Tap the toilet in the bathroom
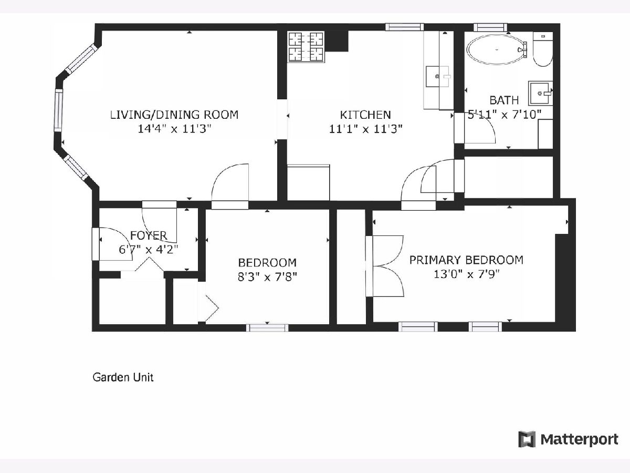pos(543,49)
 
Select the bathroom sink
pos(541,94)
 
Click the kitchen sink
pos(438,76)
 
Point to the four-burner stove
pos(306,47)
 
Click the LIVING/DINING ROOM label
pos(174,115)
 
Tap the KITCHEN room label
pos(365,115)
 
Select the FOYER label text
pos(149,235)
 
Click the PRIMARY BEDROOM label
pos(466,260)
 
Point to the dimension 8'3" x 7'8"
pos(267,277)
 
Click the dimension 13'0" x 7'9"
pos(466,274)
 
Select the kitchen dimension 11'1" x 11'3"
pos(365,129)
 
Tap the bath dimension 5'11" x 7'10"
pos(505,115)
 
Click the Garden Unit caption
pos(123,377)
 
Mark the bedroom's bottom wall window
pos(267,327)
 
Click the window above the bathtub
pos(490,27)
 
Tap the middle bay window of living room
pos(59,110)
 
